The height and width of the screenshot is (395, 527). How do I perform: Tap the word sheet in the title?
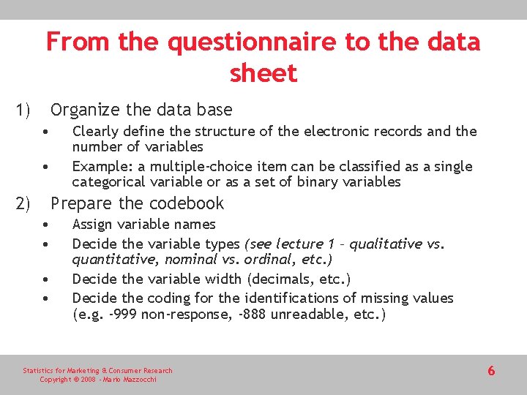pyautogui.click(x=263, y=73)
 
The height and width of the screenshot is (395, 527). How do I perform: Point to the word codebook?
pyautogui.click(x=185, y=203)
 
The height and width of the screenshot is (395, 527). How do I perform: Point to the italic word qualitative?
pyautogui.click(x=386, y=244)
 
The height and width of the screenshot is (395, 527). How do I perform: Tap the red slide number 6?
pyautogui.click(x=491, y=371)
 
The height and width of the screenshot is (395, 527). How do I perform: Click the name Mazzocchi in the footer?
pyautogui.click(x=138, y=380)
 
